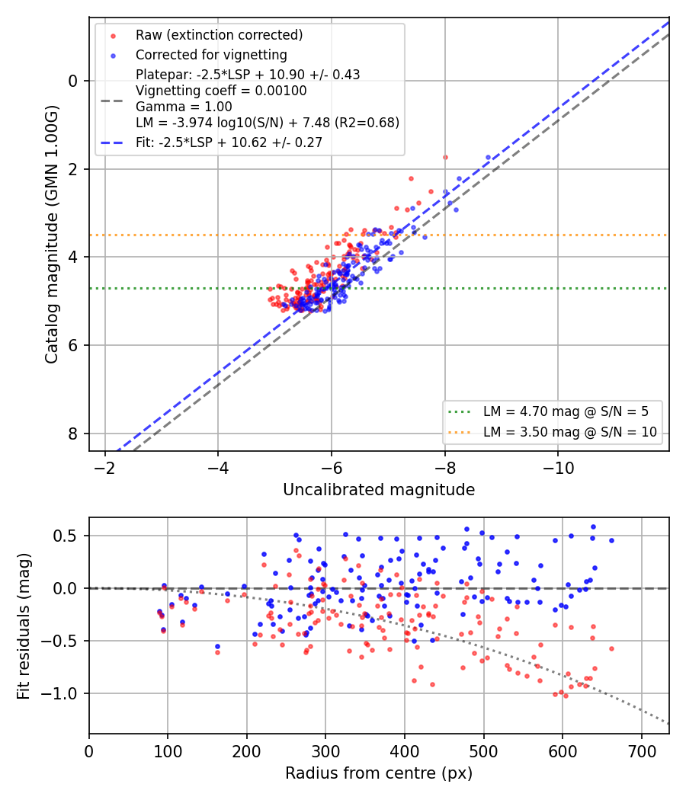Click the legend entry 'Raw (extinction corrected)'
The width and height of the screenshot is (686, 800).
pos(219,35)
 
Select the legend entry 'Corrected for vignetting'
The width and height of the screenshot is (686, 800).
pos(211,55)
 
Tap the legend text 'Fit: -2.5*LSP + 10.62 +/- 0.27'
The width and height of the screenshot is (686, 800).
pos(229,142)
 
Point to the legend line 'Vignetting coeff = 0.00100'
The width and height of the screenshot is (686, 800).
pos(221,91)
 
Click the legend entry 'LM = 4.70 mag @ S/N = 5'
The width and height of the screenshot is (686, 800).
pos(566,411)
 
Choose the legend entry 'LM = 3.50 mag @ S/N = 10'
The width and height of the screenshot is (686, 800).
pos(570,432)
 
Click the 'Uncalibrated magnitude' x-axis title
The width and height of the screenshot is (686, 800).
pos(379,490)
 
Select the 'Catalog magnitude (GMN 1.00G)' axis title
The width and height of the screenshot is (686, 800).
pos(52,235)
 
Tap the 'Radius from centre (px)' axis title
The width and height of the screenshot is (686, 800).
pos(379,773)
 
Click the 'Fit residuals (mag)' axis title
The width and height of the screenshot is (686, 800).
pos(24,626)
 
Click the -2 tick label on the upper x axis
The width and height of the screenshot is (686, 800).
pos(105,467)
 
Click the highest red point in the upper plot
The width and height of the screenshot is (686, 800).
pos(445,158)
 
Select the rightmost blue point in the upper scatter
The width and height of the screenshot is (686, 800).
pos(488,158)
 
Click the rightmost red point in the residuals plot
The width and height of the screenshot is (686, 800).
pos(611,649)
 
